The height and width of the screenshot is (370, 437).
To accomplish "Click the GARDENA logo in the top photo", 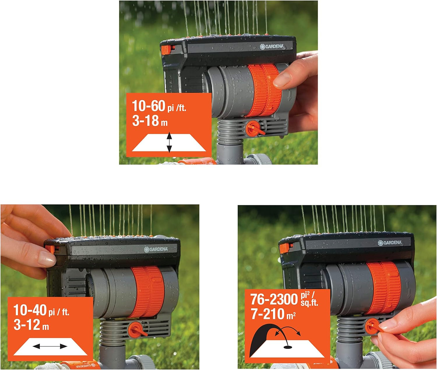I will (272, 47).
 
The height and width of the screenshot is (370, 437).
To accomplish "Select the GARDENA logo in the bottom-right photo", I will (390, 243).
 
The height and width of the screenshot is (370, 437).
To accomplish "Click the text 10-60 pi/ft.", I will (159, 106).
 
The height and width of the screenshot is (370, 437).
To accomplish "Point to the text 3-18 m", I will (150, 121).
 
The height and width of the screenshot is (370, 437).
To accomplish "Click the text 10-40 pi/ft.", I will (41, 310).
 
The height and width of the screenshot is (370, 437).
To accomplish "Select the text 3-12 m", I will (31, 325).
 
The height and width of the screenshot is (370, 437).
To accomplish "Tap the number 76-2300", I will (274, 299).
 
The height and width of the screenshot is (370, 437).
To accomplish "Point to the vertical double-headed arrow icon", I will (169, 142).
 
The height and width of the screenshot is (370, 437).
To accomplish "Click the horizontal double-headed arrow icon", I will (50, 346).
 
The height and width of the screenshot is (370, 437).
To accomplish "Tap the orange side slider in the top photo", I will (166, 50).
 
